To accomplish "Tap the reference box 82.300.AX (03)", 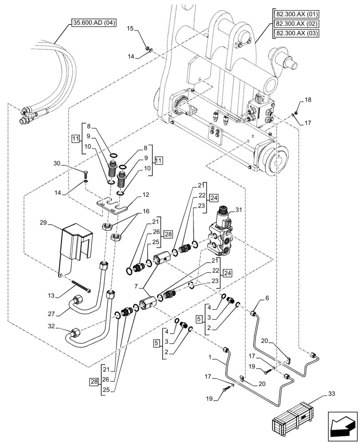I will (296, 34).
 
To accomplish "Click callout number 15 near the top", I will (130, 29).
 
